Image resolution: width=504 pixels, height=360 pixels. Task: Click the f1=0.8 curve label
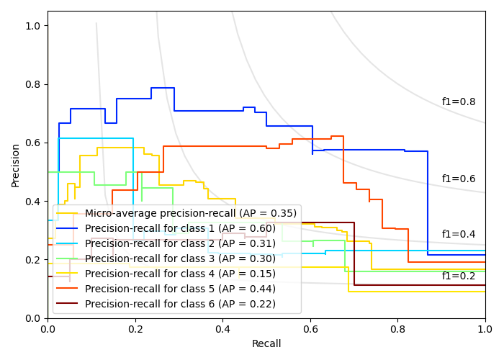pos(458,102)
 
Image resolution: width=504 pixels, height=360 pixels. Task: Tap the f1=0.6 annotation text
pos(458,179)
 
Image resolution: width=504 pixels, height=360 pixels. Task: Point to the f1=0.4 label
pos(458,235)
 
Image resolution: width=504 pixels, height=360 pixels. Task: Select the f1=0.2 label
pos(458,276)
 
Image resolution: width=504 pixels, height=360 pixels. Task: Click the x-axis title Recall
pos(266,344)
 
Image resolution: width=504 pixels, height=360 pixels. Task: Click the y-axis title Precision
pos(16,164)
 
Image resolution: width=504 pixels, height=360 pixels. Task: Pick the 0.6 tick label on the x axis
pos(310,329)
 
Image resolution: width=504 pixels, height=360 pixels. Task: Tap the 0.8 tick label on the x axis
pos(397,329)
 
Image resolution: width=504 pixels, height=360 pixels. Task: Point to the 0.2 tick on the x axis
pos(135,329)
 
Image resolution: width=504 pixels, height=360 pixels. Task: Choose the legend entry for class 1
pos(180,228)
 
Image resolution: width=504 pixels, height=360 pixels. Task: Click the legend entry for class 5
pos(180,289)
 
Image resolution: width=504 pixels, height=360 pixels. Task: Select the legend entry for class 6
pos(180,304)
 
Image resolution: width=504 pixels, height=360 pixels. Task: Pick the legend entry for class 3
pos(180,258)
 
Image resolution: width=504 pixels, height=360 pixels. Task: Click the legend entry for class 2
pos(180,243)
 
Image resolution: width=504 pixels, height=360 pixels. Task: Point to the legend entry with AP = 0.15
pos(180,274)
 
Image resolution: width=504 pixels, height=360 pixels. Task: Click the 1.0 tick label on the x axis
pos(485,329)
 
